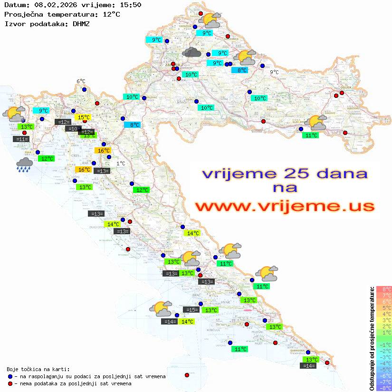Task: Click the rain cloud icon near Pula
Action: [x=24, y=164]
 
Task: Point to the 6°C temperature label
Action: [x=81, y=81]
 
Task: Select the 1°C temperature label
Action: [x=121, y=163]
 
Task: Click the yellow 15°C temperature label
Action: [x=84, y=117]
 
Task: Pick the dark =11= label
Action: [x=22, y=139]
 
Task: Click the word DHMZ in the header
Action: [x=81, y=23]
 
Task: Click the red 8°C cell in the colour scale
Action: [x=384, y=289]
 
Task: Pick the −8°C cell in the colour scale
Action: [x=384, y=388]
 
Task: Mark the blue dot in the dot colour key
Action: [x=10, y=376]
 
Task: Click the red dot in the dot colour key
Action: [x=10, y=383]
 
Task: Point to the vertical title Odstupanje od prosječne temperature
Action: [x=372, y=338]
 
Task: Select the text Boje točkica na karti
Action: [x=38, y=369]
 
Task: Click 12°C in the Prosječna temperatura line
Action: [x=111, y=14]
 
